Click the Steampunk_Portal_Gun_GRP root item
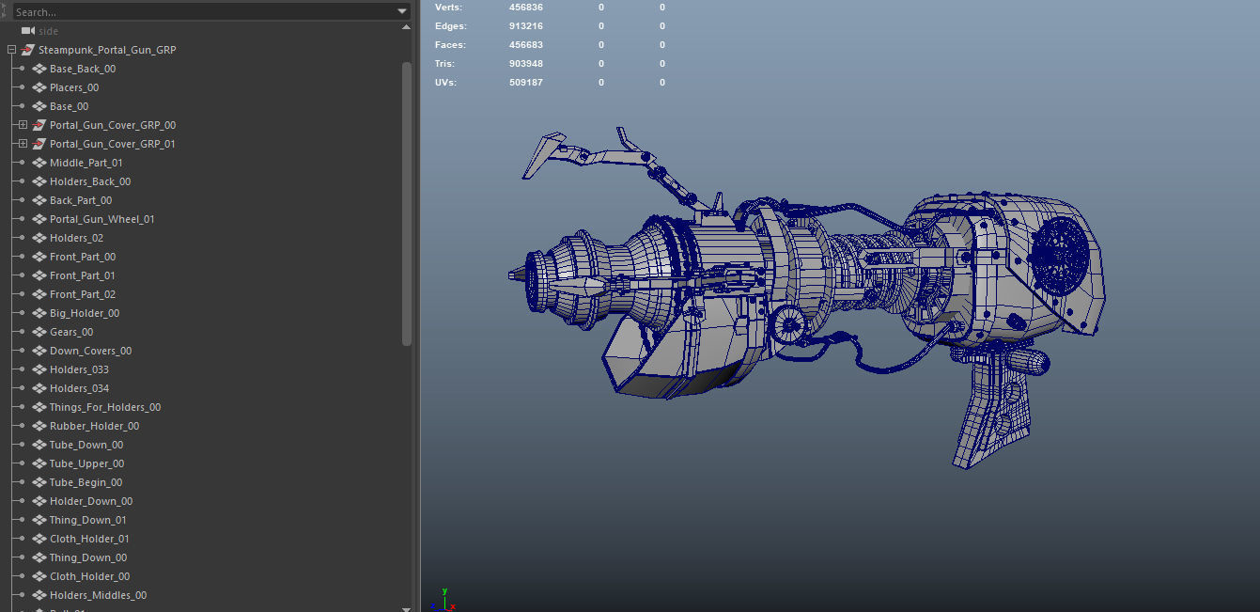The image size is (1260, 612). pyautogui.click(x=106, y=50)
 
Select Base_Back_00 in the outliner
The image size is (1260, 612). pyautogui.click(x=83, y=69)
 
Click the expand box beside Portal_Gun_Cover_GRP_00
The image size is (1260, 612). pyautogui.click(x=23, y=125)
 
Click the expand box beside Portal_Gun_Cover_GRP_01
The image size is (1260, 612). pyautogui.click(x=23, y=144)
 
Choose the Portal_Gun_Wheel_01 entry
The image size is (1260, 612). pyautogui.click(x=101, y=219)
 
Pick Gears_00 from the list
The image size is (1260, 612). pyautogui.click(x=71, y=332)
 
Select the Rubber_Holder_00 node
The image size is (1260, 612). pyautogui.click(x=94, y=426)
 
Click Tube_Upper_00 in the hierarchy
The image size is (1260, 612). pyautogui.click(x=86, y=463)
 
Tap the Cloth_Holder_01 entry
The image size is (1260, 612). pyautogui.click(x=89, y=539)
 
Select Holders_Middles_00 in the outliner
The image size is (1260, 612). pyautogui.click(x=98, y=595)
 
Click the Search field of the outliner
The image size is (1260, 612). pyautogui.click(x=197, y=12)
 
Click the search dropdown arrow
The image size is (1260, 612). pyautogui.click(x=402, y=12)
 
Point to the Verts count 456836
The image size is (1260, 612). pyautogui.click(x=526, y=8)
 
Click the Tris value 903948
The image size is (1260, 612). pyautogui.click(x=526, y=64)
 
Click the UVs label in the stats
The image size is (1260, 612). pyautogui.click(x=446, y=83)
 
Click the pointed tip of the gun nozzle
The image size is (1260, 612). pyautogui.click(x=512, y=275)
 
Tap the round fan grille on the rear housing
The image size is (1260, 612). pyautogui.click(x=1061, y=256)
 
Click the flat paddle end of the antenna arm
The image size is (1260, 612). pyautogui.click(x=542, y=155)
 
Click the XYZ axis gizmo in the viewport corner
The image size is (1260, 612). pyautogui.click(x=443, y=600)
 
